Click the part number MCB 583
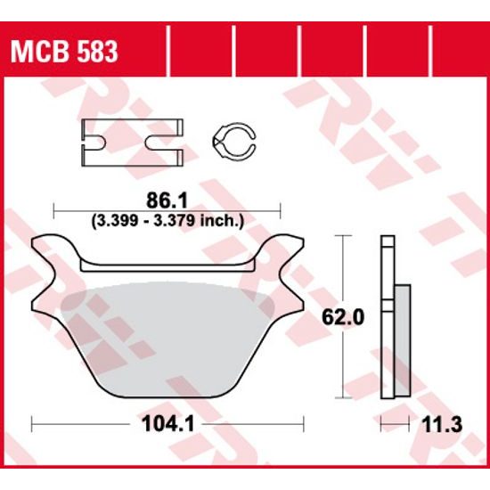coord(63,52)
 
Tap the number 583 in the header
coord(94,52)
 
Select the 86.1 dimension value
coord(167,200)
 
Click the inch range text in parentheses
coord(167,218)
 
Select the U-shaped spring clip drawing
coord(132,141)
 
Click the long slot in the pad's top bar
coord(167,265)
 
